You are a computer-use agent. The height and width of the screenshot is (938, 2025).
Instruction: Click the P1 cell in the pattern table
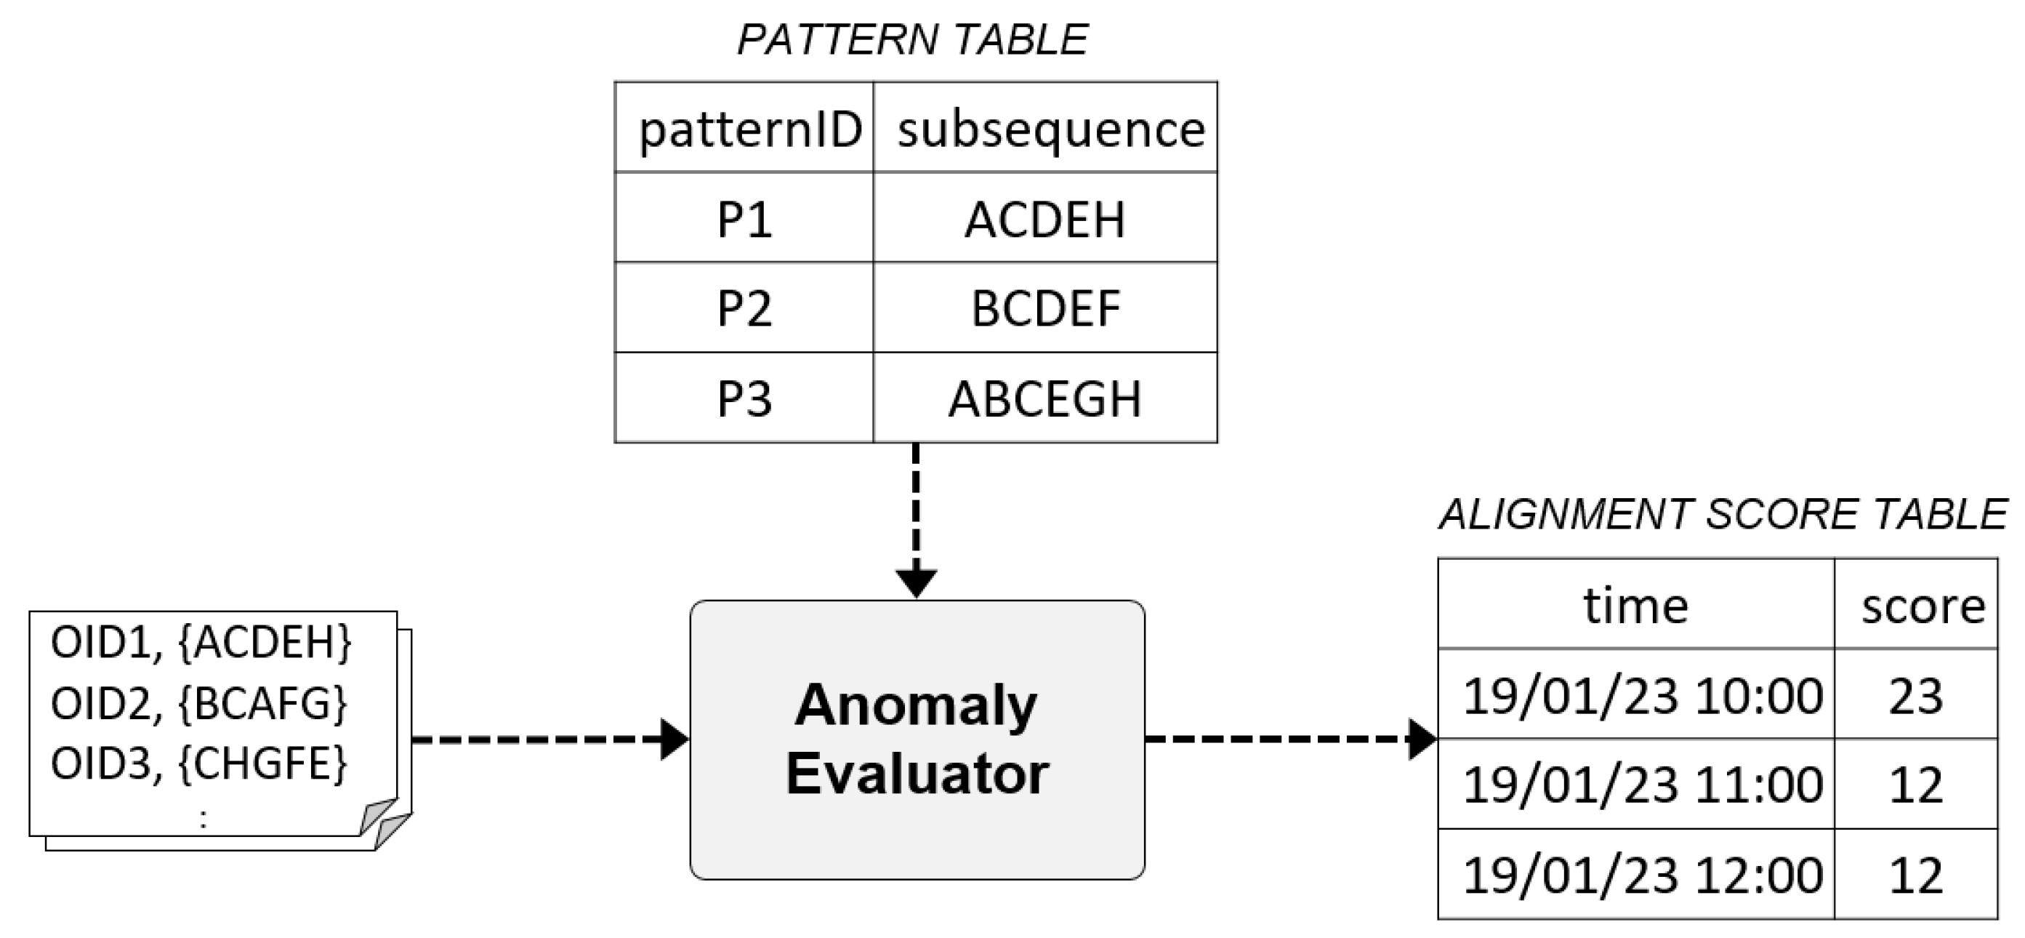click(x=744, y=220)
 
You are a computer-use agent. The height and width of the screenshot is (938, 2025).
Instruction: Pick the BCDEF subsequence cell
click(x=1044, y=308)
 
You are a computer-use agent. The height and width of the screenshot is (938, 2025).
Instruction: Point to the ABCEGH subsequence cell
click(x=1044, y=398)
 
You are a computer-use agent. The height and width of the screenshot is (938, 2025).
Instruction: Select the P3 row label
click(x=744, y=398)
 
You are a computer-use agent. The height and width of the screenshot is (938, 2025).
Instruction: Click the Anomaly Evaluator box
click(x=917, y=739)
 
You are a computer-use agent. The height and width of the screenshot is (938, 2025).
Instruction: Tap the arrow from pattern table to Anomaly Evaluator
click(x=916, y=519)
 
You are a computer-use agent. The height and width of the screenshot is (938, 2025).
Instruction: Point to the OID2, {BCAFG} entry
click(x=199, y=703)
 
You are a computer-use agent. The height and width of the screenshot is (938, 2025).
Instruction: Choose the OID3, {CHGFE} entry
click(x=199, y=763)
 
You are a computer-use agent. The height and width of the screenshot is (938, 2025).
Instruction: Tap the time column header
click(x=1635, y=606)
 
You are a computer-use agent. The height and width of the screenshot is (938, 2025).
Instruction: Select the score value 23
click(x=1916, y=696)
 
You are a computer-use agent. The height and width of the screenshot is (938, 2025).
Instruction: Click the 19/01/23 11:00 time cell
click(x=1641, y=785)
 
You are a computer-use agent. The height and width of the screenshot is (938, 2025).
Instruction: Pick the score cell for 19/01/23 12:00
click(x=1916, y=874)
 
